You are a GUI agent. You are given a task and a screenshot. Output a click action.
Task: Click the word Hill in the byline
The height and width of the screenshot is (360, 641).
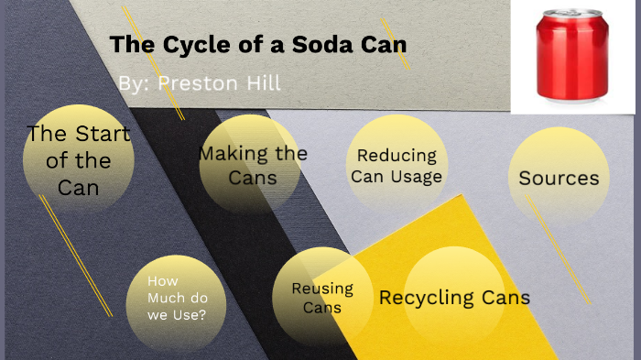click(x=261, y=83)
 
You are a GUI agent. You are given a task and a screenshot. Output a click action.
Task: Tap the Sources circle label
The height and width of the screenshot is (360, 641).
click(x=559, y=179)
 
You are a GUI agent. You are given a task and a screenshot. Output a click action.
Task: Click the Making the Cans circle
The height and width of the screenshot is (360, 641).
click(x=252, y=165)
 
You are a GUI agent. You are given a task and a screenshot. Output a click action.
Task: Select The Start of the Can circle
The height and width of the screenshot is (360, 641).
click(x=78, y=160)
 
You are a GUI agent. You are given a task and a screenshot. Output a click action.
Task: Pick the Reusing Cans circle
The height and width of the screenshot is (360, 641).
click(x=321, y=298)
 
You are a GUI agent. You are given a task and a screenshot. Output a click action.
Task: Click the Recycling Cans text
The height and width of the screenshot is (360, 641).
click(x=454, y=298)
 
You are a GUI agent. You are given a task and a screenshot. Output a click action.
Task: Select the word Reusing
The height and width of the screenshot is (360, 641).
click(x=321, y=289)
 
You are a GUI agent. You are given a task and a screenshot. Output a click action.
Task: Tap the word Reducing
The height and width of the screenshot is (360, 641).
click(x=397, y=157)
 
